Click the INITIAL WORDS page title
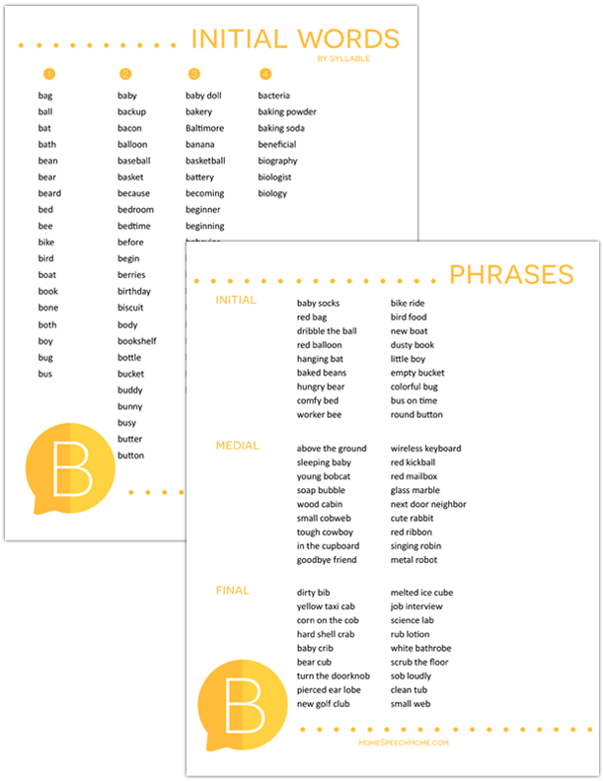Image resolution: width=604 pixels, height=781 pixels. [294, 38]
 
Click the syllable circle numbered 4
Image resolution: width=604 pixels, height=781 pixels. [265, 74]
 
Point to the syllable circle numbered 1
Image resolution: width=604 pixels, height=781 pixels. [49, 74]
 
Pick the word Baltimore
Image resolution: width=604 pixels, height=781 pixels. [204, 128]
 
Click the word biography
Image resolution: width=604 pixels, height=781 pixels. [277, 161]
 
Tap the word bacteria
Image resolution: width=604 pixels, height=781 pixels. [273, 96]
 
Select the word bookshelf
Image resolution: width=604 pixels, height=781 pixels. [136, 341]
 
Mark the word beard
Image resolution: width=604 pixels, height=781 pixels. [49, 193]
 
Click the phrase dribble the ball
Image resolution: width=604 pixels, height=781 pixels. [327, 331]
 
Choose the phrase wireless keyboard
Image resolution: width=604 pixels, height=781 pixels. [425, 449]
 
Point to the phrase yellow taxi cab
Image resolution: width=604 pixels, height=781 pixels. [326, 606]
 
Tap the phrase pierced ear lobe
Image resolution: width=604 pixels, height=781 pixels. [329, 689]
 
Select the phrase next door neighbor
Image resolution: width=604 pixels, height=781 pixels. [428, 504]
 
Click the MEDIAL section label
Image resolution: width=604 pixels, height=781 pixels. [237, 446]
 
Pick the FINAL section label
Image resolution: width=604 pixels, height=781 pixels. [232, 591]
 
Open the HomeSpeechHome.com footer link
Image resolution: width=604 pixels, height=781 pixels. [404, 743]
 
